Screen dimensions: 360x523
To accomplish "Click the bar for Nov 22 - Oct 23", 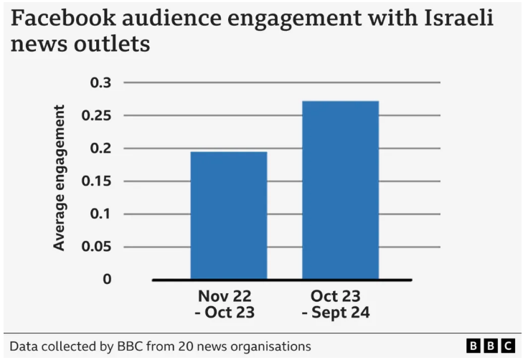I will point(228,215).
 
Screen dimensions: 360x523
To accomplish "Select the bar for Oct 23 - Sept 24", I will point(340,190).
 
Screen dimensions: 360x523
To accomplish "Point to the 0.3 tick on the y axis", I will point(101,83).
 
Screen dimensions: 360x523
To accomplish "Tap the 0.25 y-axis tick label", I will point(97,115).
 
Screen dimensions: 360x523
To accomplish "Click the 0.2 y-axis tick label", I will point(101,148).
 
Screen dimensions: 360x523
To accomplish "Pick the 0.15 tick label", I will point(97,181).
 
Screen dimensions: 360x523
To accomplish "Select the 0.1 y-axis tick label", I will point(101,214).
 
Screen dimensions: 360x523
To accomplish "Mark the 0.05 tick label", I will point(97,247).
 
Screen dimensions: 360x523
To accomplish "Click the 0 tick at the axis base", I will point(107,279).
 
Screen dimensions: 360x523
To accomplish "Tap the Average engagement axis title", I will point(60,178).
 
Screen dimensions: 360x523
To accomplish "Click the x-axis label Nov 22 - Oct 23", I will point(226,304).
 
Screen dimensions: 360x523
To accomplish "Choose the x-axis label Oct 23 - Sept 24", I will point(336,304).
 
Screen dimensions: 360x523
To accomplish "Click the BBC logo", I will point(491,346).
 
